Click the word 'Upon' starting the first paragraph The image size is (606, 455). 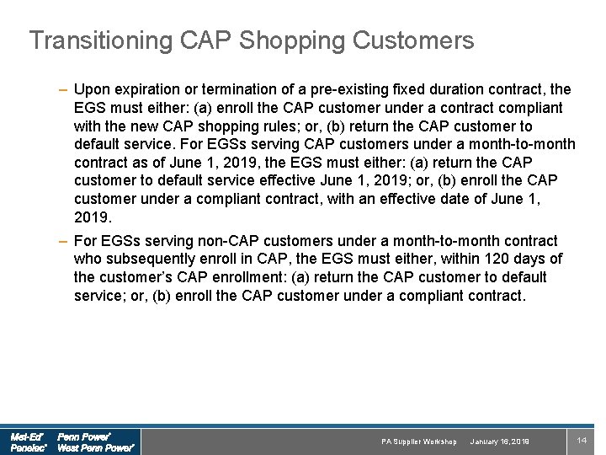pos(91,89)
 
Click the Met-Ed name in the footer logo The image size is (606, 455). pos(27,437)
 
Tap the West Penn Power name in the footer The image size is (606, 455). pos(95,448)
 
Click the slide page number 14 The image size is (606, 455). pos(581,441)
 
